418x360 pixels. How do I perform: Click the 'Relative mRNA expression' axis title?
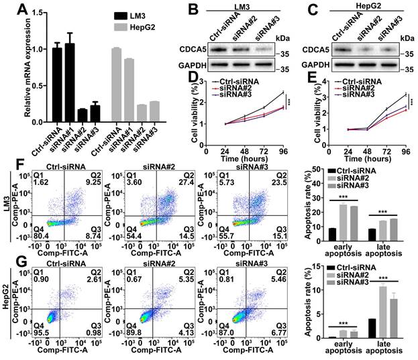coord(8,63)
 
